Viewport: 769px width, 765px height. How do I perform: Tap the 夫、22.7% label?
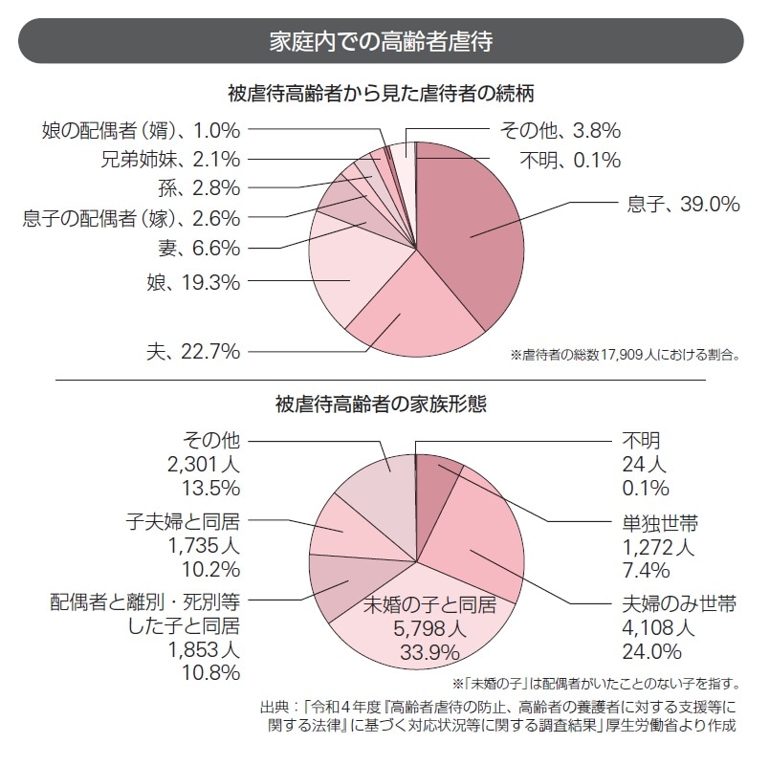point(200,352)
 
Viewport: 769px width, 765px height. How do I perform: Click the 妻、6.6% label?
point(198,249)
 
